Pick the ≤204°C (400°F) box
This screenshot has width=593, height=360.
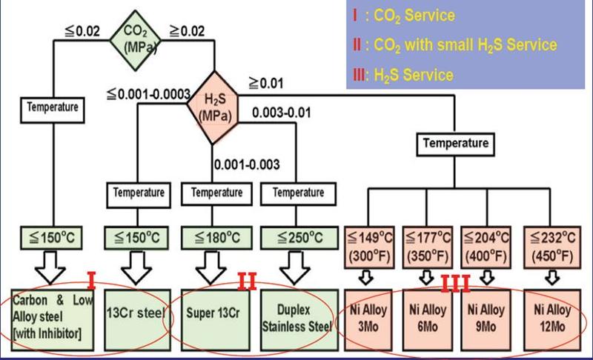(x=486, y=247)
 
